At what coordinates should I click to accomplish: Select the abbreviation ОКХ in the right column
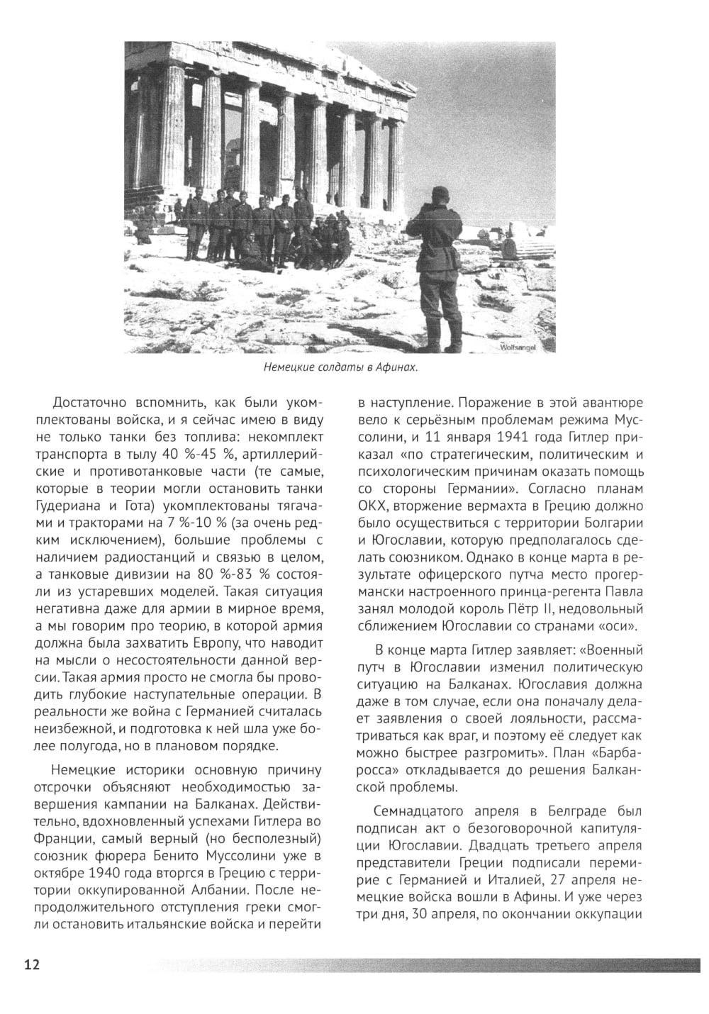tap(372, 507)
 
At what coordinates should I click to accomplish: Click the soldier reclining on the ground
tap(255, 254)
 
